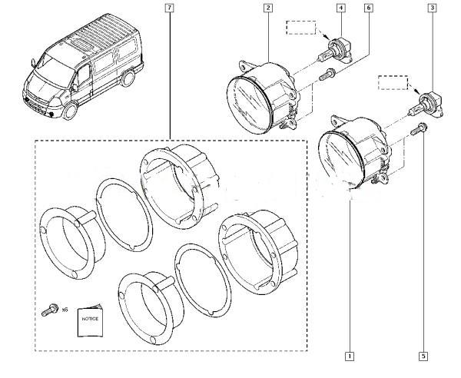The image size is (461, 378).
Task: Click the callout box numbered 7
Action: tap(169, 8)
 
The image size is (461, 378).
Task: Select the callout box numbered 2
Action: tap(268, 8)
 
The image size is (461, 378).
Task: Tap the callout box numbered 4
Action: tap(341, 8)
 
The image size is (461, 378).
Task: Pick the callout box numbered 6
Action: tap(369, 8)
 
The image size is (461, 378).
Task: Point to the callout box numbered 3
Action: tap(432, 8)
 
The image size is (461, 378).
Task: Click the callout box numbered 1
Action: tap(350, 356)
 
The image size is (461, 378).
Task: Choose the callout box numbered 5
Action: tap(423, 356)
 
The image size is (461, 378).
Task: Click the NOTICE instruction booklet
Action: tap(90, 321)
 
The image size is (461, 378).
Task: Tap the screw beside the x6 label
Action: tap(49, 310)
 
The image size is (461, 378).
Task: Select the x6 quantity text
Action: tap(65, 310)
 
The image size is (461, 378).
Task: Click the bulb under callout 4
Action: tap(335, 52)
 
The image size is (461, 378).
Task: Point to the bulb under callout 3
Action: tap(426, 105)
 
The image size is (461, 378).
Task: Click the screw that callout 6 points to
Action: tap(327, 74)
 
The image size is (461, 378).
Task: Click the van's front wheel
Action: tap(71, 111)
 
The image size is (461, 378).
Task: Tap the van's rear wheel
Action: tap(128, 78)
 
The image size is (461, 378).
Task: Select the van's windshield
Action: tap(56, 70)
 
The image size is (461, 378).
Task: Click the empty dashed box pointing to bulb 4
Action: tap(301, 28)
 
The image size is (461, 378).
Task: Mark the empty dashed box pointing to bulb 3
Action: tap(393, 83)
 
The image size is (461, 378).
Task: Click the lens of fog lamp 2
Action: tap(249, 104)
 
